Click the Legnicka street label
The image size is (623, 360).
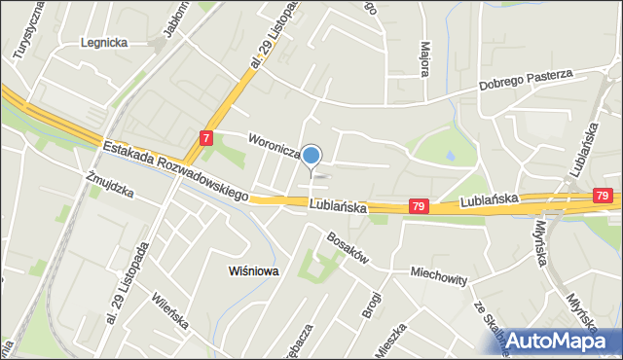click(x=104, y=43)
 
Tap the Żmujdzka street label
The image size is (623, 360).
click(x=108, y=184)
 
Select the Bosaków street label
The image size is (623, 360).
click(x=347, y=247)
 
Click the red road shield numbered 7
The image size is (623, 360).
click(x=206, y=138)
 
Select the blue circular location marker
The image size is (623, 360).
click(x=311, y=155)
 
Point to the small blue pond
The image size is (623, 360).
click(x=449, y=154)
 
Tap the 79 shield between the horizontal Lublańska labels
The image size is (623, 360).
click(x=418, y=206)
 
